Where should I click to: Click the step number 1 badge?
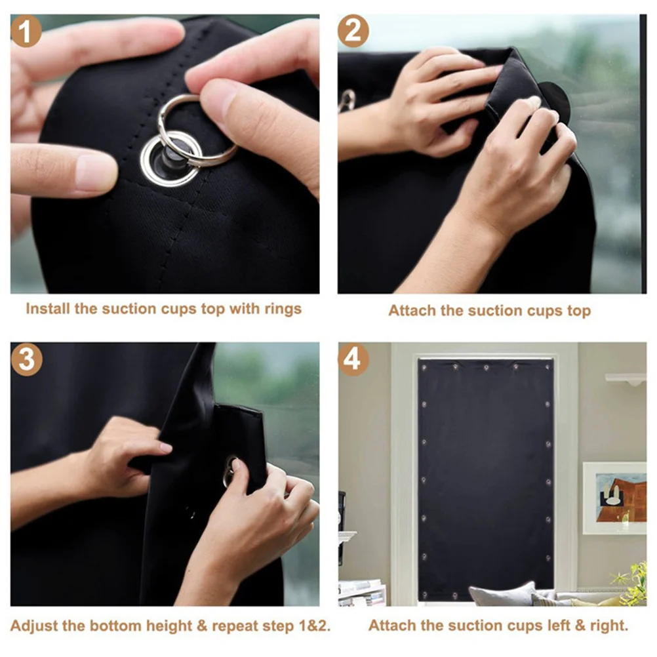coord(27,32)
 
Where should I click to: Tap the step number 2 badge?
coord(353,32)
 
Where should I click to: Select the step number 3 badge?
coord(27,360)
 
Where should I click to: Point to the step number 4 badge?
coord(353,360)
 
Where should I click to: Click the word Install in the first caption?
coord(47,309)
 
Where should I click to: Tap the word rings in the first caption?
coord(283,309)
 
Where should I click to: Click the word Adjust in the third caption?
coord(33,626)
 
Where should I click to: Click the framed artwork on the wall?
coord(614,498)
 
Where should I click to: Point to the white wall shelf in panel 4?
coord(626,378)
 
